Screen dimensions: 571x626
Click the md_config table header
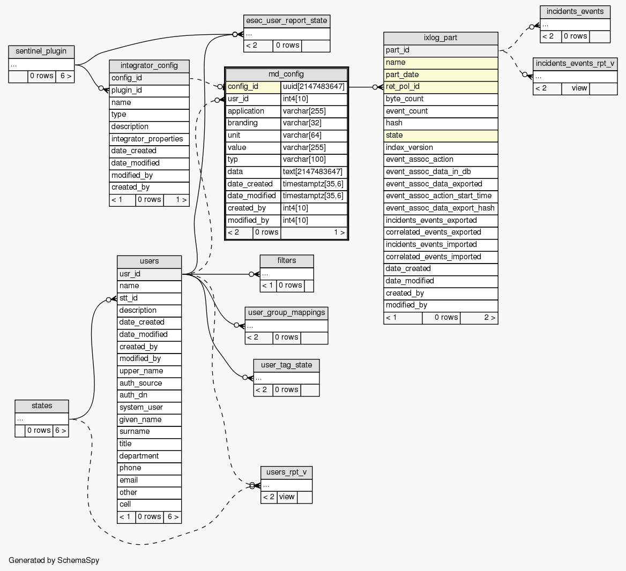(x=286, y=74)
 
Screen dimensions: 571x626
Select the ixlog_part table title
(x=441, y=38)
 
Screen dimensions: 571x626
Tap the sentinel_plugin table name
(x=41, y=51)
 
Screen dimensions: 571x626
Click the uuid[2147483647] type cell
(x=314, y=87)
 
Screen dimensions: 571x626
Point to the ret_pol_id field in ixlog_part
(x=441, y=87)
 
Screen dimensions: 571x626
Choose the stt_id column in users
(x=149, y=298)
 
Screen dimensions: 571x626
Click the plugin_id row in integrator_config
(x=149, y=91)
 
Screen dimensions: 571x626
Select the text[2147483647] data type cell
(x=314, y=172)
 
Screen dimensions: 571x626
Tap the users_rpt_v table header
(x=286, y=472)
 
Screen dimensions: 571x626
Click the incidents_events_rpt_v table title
(x=575, y=64)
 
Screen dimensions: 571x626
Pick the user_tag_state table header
(x=286, y=365)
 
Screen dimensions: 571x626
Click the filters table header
(x=287, y=261)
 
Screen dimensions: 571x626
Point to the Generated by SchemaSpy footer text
(x=54, y=560)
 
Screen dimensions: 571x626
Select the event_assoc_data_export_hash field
(x=441, y=208)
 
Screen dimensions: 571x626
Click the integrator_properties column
(x=149, y=139)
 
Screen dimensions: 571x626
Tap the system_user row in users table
(x=149, y=408)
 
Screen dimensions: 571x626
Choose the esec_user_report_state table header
(x=286, y=21)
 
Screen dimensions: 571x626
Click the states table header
(x=42, y=406)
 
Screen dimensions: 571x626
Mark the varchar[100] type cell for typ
(x=314, y=160)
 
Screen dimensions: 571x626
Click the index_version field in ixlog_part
(x=441, y=147)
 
